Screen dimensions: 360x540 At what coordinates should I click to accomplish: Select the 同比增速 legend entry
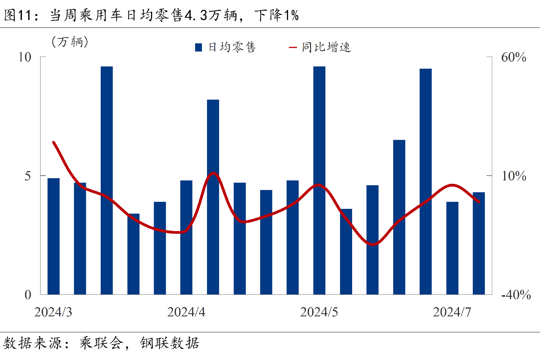(x=320, y=47)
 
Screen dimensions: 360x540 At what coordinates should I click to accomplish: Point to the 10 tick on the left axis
(x=25, y=57)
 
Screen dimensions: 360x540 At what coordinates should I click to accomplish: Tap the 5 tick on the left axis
(x=28, y=176)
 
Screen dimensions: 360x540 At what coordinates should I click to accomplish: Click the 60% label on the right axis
(x=514, y=57)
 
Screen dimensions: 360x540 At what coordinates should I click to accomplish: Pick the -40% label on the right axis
(x=516, y=295)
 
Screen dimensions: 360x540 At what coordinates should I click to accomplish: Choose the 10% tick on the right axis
(x=514, y=176)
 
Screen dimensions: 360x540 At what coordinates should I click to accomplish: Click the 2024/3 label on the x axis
(x=53, y=312)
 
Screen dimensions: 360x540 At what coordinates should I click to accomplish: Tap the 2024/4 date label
(x=186, y=312)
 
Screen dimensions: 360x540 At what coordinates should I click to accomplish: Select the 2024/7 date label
(x=452, y=312)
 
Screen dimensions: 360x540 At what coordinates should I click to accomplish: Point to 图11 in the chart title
(x=17, y=15)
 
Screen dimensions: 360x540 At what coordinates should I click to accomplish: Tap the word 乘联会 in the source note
(x=101, y=343)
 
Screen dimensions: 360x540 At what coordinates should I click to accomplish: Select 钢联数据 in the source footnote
(x=170, y=343)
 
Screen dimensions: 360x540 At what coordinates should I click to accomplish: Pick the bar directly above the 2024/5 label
(x=319, y=180)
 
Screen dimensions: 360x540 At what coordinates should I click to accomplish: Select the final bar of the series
(x=479, y=243)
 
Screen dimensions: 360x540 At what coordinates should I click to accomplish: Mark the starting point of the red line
(x=53, y=142)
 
